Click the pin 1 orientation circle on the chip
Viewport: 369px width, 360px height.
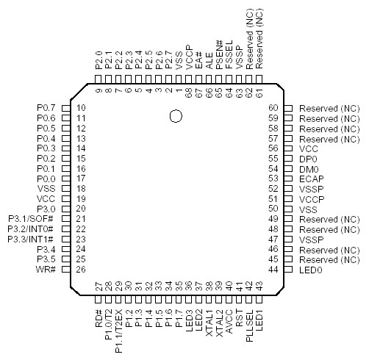pyautogui.click(x=175, y=115)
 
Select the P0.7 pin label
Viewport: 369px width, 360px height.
pyautogui.click(x=46, y=108)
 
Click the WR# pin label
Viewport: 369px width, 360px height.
pyautogui.click(x=47, y=269)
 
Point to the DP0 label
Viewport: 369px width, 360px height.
pyautogui.click(x=309, y=158)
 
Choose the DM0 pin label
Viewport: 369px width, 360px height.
pyautogui.click(x=309, y=168)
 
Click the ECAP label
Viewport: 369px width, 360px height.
pyautogui.click(x=312, y=178)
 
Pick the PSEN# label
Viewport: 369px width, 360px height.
pyautogui.click(x=219, y=54)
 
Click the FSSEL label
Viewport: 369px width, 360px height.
pyautogui.click(x=229, y=55)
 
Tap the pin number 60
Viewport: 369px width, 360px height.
pyautogui.click(x=273, y=108)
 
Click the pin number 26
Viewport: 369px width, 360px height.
pyautogui.click(x=82, y=269)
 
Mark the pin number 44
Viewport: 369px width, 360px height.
pyautogui.click(x=273, y=269)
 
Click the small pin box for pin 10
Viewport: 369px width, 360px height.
pyautogui.click(x=64, y=108)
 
